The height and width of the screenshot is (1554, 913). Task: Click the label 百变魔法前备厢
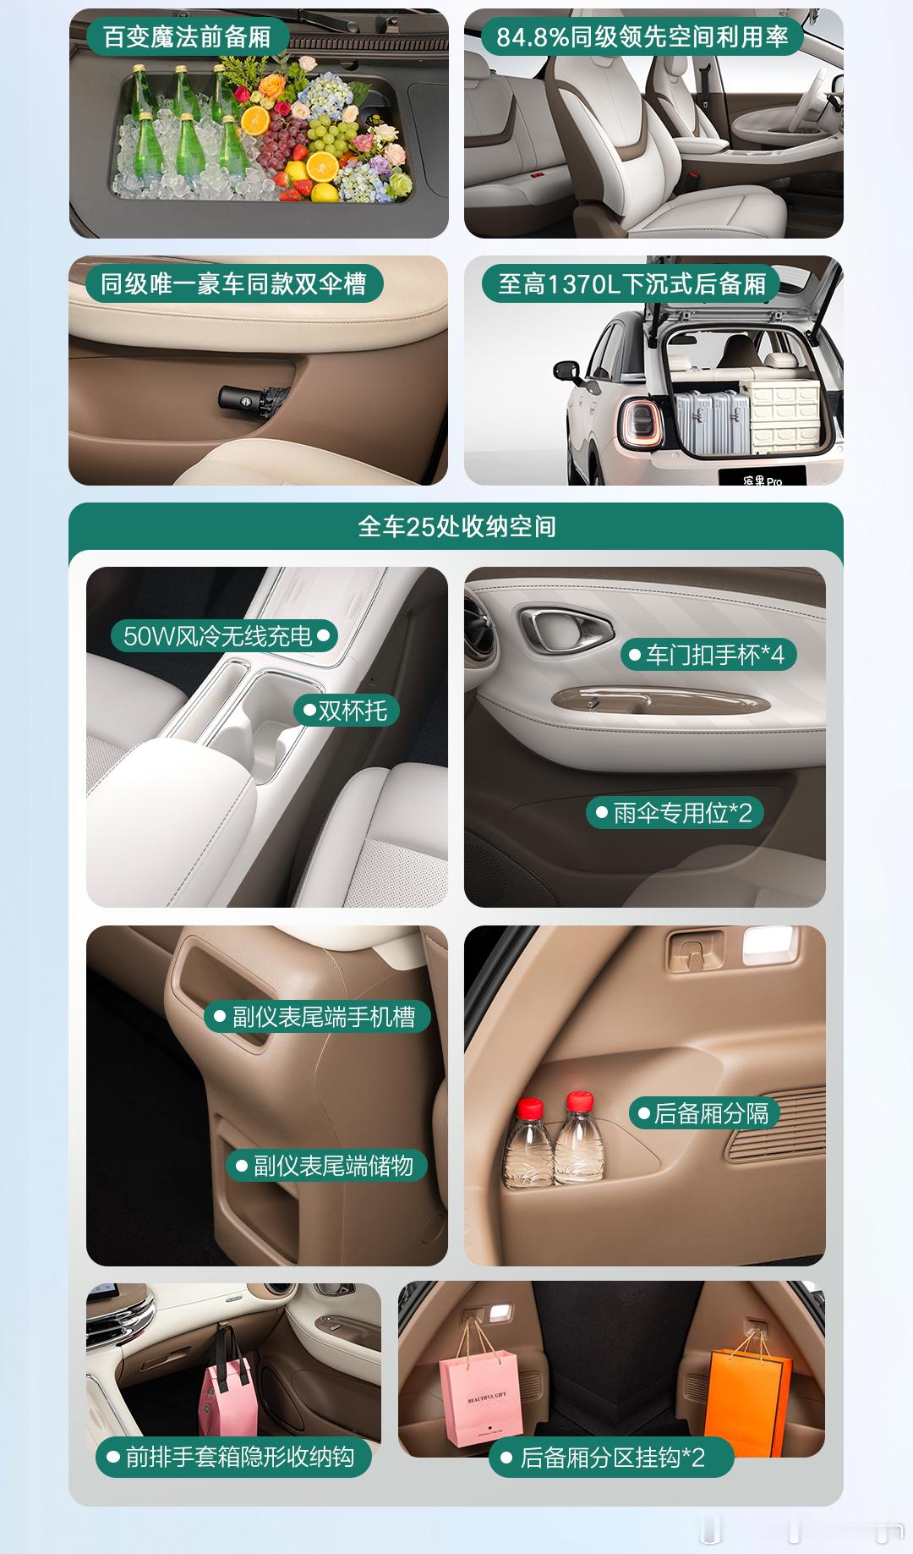[187, 36]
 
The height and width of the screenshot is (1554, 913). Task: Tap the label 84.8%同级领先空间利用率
[642, 36]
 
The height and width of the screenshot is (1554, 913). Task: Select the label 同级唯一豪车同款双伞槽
[233, 283]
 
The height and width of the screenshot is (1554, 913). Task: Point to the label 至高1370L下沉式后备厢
[631, 283]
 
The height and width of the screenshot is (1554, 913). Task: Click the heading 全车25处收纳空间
[456, 526]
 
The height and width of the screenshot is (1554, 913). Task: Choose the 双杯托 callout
[346, 710]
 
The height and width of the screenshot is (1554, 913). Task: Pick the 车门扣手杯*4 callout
[708, 654]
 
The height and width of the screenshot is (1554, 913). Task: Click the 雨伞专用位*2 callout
[675, 813]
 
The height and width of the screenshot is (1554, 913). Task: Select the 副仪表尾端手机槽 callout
[317, 1016]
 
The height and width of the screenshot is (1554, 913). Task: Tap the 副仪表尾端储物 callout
[326, 1166]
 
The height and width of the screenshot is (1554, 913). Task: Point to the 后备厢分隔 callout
[703, 1112]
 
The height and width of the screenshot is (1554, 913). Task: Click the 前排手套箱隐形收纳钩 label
[233, 1457]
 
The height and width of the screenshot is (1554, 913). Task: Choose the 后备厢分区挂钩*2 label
[610, 1458]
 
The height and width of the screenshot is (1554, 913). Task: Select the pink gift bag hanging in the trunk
[479, 1396]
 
